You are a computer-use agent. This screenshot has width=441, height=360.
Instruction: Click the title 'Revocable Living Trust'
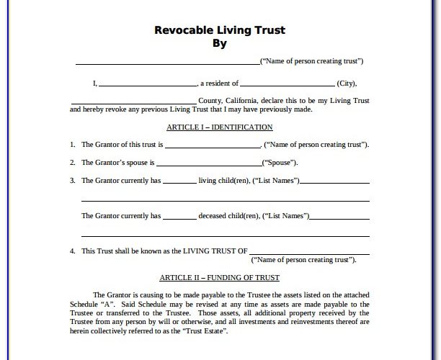pos(220,30)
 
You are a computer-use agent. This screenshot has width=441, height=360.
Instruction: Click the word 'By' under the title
pos(220,43)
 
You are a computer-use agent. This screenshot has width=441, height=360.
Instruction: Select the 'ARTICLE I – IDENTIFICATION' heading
pos(219,127)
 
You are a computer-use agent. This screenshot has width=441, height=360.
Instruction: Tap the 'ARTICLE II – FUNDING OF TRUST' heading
pos(219,277)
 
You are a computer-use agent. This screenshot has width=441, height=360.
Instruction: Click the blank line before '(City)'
pos(287,84)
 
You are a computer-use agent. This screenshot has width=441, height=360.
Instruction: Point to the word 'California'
pos(244,100)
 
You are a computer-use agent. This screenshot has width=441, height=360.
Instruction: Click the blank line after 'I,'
pos(147,84)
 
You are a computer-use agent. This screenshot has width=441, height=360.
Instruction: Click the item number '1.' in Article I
pos(73,145)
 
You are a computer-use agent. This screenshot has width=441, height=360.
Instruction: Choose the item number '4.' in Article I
pos(73,251)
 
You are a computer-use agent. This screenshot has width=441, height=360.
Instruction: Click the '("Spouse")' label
pos(280,163)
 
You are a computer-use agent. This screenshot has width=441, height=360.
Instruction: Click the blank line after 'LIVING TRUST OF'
pos(310,253)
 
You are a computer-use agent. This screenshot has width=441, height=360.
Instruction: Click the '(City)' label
pos(346,83)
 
